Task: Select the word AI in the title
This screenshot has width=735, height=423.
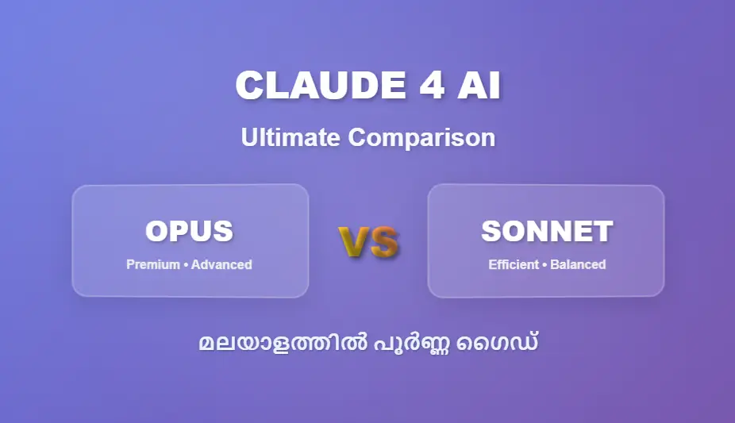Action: pos(479,86)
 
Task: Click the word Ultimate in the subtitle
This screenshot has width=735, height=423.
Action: pos(291,137)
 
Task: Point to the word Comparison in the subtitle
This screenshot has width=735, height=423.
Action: pos(421,137)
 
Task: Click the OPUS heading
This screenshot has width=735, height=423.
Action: pos(189,231)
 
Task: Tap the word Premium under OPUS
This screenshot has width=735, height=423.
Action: pos(152,264)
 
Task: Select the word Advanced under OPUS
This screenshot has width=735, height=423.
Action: pos(221,264)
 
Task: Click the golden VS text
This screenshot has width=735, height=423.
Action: pos(368,242)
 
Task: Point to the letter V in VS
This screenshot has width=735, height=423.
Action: pos(354,242)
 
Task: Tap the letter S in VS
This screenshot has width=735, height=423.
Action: pos(383,242)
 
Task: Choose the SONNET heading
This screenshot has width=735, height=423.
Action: pos(546,231)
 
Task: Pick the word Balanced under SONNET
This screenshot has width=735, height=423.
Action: pos(578,264)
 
